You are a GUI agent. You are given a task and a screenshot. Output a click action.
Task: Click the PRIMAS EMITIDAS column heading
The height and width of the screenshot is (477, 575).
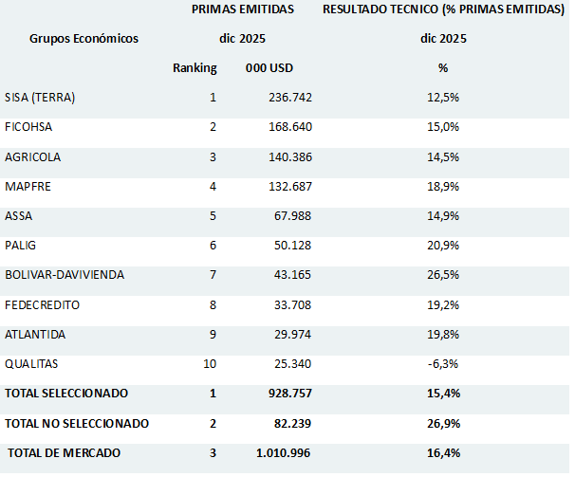click(x=242, y=9)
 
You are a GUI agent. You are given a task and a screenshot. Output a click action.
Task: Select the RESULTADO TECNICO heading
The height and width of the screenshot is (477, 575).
click(x=443, y=9)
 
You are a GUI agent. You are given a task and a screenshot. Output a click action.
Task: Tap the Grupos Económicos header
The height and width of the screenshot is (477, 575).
click(x=83, y=39)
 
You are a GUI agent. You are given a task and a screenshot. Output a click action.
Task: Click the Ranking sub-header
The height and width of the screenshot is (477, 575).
click(x=195, y=68)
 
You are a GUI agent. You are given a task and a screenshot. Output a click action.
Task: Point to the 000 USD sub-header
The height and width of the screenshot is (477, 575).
click(x=268, y=68)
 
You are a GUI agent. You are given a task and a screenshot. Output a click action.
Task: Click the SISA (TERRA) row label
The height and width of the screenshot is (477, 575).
click(x=40, y=98)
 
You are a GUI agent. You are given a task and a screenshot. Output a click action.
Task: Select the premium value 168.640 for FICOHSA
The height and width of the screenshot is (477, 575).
click(x=288, y=127)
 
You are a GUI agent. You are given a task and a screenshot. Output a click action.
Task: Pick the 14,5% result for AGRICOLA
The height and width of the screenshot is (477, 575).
click(x=443, y=156)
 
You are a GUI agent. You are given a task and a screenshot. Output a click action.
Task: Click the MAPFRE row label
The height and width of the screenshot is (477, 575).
click(x=28, y=186)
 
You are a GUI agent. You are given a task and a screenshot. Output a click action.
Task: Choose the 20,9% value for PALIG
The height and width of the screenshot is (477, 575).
click(x=443, y=246)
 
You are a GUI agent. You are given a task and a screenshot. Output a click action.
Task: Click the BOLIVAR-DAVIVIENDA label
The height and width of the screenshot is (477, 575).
click(x=64, y=275)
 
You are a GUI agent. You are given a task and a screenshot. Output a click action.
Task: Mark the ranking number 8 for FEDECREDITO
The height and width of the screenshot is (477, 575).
click(x=213, y=305)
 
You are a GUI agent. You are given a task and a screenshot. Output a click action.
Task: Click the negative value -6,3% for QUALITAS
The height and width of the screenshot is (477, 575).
click(x=443, y=364)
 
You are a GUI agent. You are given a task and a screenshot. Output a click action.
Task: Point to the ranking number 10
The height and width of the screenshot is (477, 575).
click(x=211, y=364)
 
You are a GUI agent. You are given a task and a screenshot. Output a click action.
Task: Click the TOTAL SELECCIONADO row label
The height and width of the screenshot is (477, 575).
click(x=66, y=394)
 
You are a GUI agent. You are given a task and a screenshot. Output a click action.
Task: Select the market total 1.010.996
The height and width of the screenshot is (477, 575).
click(x=284, y=453)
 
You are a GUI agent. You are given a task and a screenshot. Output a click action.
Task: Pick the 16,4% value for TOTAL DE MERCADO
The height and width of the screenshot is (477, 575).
click(x=443, y=453)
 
